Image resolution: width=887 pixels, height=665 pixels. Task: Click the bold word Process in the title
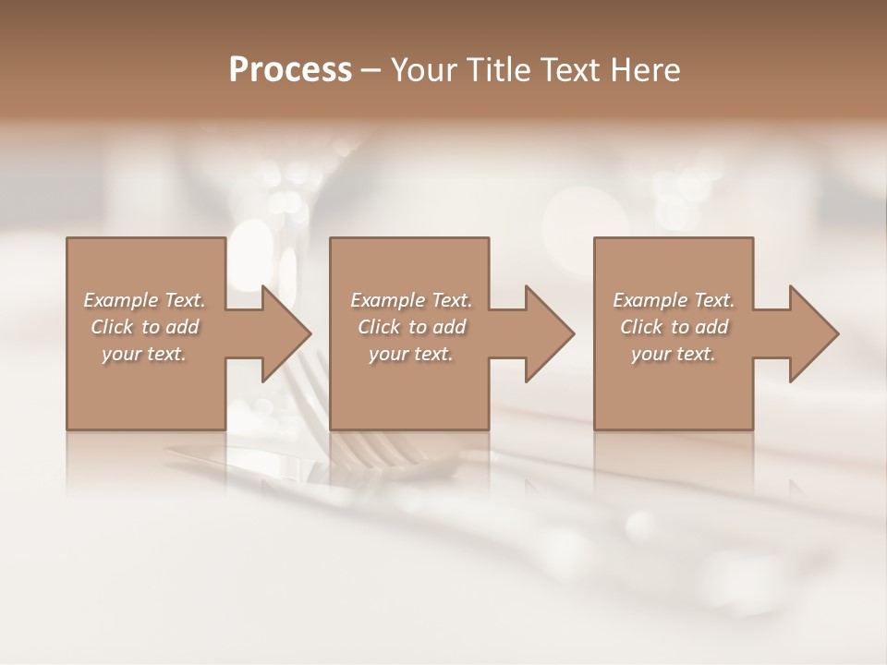(x=290, y=70)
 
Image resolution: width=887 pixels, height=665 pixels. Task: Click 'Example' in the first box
(x=121, y=301)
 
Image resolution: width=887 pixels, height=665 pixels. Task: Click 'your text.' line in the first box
(x=144, y=355)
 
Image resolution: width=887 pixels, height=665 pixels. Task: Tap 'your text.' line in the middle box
(x=410, y=355)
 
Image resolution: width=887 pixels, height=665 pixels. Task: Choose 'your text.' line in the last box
(x=673, y=355)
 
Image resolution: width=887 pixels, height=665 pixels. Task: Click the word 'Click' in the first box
(x=112, y=328)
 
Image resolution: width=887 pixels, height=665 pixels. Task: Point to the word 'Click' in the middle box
(x=379, y=328)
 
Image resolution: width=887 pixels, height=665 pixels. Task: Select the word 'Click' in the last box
(x=641, y=328)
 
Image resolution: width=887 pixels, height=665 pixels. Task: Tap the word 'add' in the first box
(x=183, y=328)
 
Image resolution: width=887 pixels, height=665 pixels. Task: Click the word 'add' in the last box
(x=712, y=328)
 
